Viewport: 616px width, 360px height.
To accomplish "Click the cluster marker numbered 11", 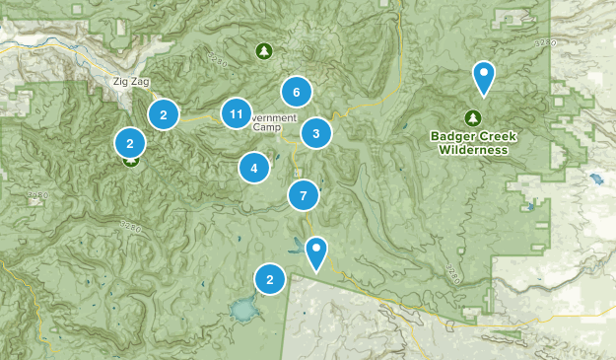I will (236, 114).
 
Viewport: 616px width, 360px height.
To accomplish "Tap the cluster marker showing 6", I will (296, 93).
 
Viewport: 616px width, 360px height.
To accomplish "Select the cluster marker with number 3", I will (315, 133).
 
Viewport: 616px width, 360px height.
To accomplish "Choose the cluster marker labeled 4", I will (254, 168).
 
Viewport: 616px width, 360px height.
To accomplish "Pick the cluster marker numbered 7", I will (304, 195).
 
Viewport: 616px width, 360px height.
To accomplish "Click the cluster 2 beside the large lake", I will (270, 280).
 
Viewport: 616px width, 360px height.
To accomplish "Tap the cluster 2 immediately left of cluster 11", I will (164, 114).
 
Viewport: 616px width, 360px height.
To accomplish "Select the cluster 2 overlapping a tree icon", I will (129, 143).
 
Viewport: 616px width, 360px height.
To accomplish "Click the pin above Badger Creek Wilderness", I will (483, 75).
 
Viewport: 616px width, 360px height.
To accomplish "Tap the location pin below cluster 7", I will (315, 252).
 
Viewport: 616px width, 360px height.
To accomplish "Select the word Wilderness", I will (474, 150).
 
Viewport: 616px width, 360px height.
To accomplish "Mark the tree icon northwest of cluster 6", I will (263, 51).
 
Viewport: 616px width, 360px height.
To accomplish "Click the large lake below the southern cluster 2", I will (241, 314).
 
